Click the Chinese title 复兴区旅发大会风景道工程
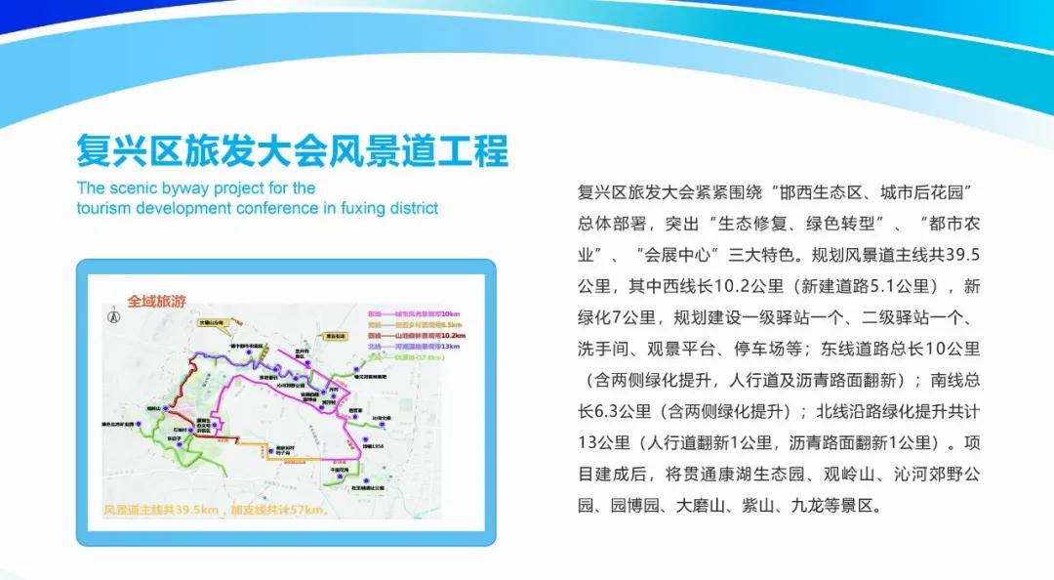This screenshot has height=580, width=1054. coord(292,151)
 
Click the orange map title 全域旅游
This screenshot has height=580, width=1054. coord(155,302)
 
